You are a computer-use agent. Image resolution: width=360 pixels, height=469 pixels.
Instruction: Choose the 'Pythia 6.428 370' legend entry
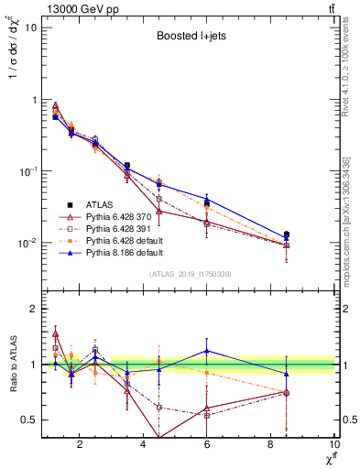(119, 217)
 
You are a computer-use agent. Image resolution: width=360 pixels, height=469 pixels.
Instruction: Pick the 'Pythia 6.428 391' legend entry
(119, 229)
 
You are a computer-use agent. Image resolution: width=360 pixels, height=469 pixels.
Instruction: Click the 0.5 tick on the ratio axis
(29, 420)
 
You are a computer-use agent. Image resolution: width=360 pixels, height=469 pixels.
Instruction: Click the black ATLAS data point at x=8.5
(287, 234)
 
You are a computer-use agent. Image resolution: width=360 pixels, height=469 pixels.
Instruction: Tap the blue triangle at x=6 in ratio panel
(207, 351)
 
